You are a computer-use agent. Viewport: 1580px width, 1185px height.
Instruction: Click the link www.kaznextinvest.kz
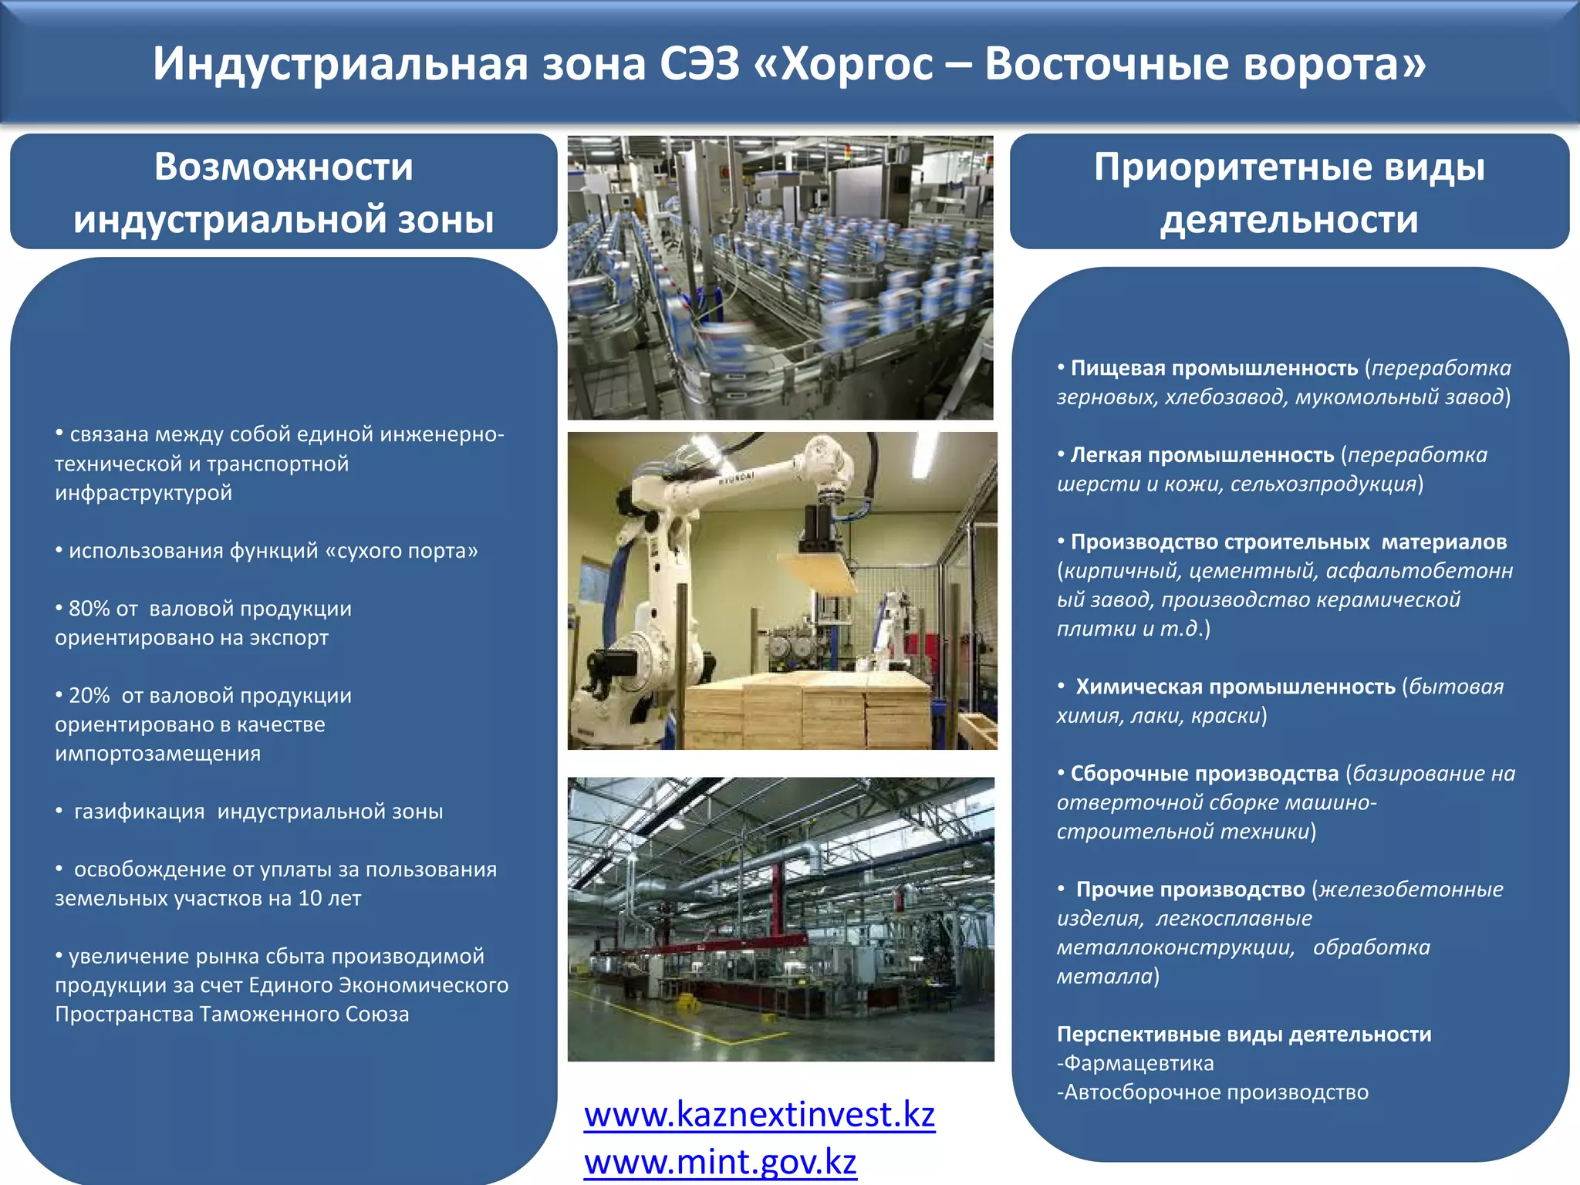pyautogui.click(x=759, y=1115)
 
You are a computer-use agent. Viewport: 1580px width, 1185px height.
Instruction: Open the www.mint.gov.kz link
pyautogui.click(x=720, y=1162)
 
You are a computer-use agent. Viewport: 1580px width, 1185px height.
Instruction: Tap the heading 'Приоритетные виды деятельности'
pyautogui.click(x=1289, y=193)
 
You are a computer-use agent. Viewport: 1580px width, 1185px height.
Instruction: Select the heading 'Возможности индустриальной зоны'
pyautogui.click(x=283, y=193)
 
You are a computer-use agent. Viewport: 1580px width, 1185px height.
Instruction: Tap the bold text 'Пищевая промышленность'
pyautogui.click(x=1214, y=368)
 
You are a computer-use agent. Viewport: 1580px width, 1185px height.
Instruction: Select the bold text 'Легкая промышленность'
pyautogui.click(x=1202, y=455)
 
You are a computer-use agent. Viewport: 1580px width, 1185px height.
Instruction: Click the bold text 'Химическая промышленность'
pyautogui.click(x=1235, y=687)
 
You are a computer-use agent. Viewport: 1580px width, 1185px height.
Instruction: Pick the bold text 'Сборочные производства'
pyautogui.click(x=1204, y=774)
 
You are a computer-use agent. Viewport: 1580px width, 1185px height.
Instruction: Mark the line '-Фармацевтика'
pyautogui.click(x=1136, y=1063)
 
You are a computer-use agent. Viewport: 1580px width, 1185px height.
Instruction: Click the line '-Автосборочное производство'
pyautogui.click(x=1213, y=1092)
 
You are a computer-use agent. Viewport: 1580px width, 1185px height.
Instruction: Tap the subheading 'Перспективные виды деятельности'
pyautogui.click(x=1244, y=1035)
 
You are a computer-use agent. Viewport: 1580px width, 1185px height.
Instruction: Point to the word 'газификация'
pyautogui.click(x=140, y=812)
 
